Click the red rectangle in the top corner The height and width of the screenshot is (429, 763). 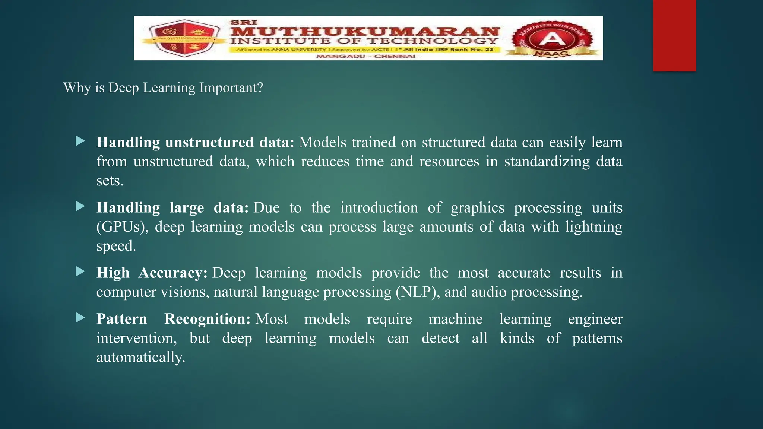pos(674,35)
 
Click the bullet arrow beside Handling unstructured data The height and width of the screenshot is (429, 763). pos(80,141)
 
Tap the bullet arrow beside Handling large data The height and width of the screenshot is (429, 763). pos(80,206)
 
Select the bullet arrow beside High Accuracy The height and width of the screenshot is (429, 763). pos(80,271)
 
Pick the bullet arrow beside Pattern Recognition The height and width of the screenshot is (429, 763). pos(80,318)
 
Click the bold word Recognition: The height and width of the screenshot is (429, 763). pos(207,319)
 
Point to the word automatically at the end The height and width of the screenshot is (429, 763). pos(140,357)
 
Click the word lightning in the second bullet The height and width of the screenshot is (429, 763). pos(593,227)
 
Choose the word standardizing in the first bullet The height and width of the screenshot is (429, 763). pos(547,162)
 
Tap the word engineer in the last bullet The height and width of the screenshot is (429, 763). pos(595,319)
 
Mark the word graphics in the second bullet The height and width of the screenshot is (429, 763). pos(477,208)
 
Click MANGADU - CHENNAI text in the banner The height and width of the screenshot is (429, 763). pos(365,56)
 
